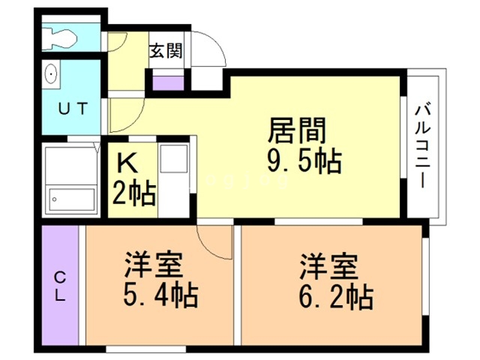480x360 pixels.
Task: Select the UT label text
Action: pyautogui.click(x=71, y=106)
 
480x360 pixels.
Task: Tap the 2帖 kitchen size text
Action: pyautogui.click(x=134, y=193)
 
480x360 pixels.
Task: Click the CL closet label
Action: pyautogui.click(x=60, y=285)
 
